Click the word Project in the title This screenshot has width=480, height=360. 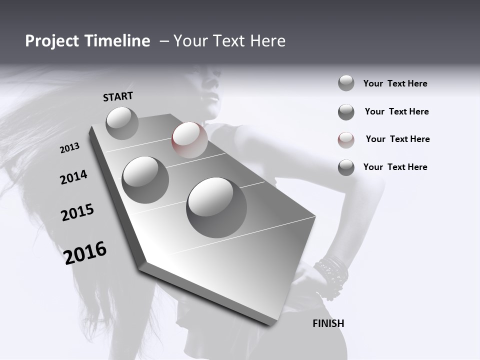tap(51, 41)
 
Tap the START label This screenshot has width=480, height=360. tap(118, 96)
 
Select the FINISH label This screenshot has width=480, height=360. tap(328, 323)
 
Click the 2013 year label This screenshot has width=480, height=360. tap(70, 148)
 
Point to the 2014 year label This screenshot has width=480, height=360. tap(74, 177)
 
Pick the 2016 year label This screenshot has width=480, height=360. tap(85, 252)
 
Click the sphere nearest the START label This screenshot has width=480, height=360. tap(122, 123)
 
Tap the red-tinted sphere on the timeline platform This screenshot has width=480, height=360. tap(189, 139)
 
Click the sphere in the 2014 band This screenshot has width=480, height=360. tap(145, 179)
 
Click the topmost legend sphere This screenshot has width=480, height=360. tap(346, 83)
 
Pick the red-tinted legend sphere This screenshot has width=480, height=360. tap(346, 140)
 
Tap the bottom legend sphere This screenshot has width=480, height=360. tap(346, 167)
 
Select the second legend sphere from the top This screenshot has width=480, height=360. tap(346, 112)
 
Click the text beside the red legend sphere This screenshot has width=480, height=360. tap(397, 139)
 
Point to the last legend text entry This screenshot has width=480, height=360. tap(395, 167)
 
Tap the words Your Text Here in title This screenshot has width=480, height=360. tap(229, 41)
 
